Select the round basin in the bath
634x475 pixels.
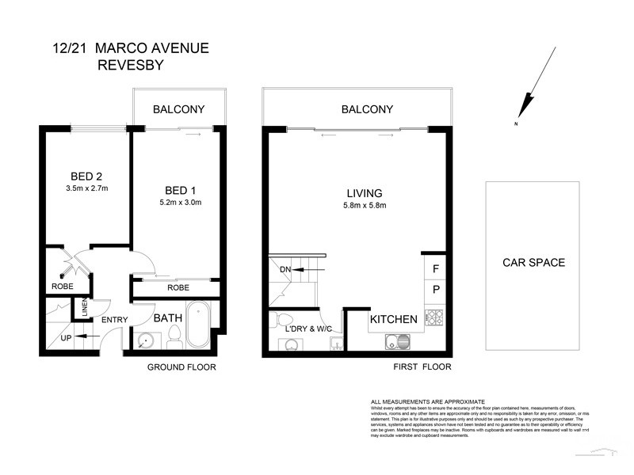[x=145, y=341]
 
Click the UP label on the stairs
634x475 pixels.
[x=67, y=338]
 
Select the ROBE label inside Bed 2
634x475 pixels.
[x=63, y=287]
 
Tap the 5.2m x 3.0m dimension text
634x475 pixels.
[x=180, y=203]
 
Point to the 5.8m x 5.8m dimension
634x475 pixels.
[x=365, y=206]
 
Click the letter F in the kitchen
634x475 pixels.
[x=435, y=269]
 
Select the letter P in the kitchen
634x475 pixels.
[x=435, y=291]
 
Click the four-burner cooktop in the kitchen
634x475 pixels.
[x=433, y=319]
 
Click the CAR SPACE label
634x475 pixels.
[x=533, y=263]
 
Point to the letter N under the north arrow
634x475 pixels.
[x=515, y=125]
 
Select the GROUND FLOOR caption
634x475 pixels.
[x=181, y=367]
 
